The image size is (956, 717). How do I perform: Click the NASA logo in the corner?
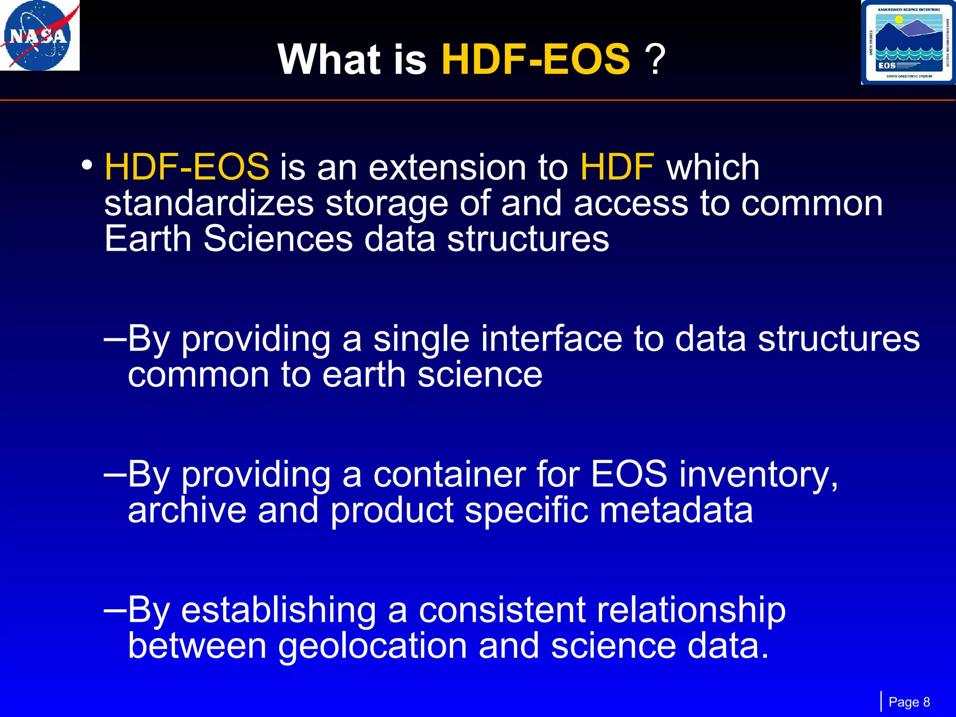point(40,35)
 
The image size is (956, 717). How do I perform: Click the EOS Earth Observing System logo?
point(907,42)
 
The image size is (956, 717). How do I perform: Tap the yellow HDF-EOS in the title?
point(535,59)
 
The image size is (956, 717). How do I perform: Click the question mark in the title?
point(655,59)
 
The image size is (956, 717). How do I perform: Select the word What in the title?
point(329,59)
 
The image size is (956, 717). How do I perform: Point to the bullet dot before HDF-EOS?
point(86,165)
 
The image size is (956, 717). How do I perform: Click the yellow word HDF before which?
point(617,167)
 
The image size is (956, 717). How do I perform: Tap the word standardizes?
point(209,204)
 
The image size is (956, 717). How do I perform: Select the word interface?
point(551,339)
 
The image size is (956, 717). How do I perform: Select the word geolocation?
point(373,647)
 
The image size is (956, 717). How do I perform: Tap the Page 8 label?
point(909,702)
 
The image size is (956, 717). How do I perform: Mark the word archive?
point(187,510)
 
